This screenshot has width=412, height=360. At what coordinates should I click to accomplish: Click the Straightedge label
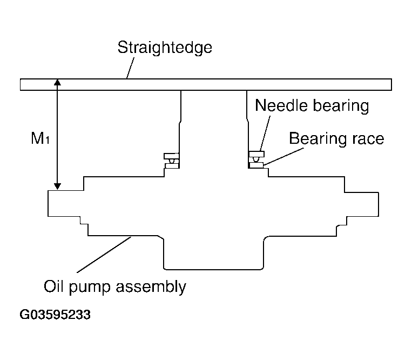tap(165, 48)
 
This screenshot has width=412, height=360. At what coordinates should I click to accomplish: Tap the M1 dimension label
tap(40, 138)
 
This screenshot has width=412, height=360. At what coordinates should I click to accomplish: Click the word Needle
tap(281, 105)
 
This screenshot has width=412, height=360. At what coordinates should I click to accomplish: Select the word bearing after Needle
tap(341, 106)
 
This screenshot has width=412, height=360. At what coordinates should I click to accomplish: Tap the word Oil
tap(53, 286)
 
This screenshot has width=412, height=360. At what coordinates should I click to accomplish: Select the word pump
tap(90, 288)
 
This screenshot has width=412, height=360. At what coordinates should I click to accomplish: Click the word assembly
tap(151, 287)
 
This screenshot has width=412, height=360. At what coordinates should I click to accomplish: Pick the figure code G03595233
tap(55, 315)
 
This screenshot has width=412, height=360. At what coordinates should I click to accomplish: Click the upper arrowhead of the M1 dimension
tap(57, 82)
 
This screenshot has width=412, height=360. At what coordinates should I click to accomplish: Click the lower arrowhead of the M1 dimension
tap(57, 186)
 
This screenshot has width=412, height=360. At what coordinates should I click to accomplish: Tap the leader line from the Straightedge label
tap(130, 68)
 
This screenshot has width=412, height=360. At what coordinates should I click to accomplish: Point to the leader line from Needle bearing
tap(265, 134)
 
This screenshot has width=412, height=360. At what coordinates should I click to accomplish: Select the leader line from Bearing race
tap(283, 156)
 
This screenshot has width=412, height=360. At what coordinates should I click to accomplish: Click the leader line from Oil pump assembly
tap(104, 255)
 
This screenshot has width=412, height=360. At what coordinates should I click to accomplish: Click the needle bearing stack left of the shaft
tap(172, 161)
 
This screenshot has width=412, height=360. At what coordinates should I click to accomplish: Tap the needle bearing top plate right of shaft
tap(256, 154)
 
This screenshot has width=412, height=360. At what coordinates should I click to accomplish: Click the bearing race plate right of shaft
tap(256, 165)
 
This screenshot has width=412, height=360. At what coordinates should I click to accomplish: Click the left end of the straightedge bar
tap(21, 84)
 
